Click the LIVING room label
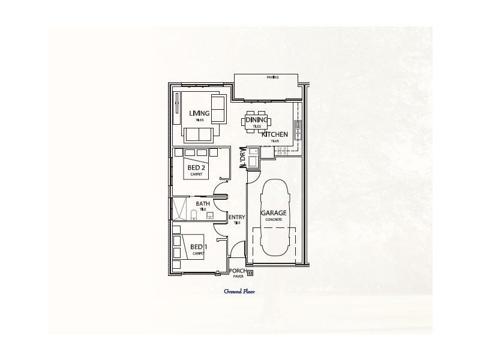[199, 113]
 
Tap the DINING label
[257, 120]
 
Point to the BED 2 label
[197, 167]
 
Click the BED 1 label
[197, 247]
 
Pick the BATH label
[202, 204]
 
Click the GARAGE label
[273, 212]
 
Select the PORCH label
[238, 271]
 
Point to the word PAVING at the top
[272, 77]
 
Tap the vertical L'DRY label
[243, 158]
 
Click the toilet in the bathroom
[194, 214]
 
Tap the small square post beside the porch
[250, 274]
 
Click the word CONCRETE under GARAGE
[273, 220]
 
